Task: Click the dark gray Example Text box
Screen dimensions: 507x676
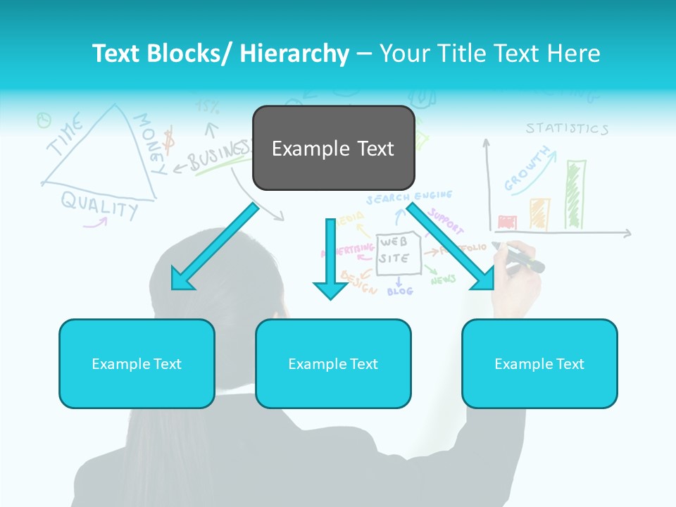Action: click(333, 148)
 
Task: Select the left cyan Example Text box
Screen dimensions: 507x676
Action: click(137, 363)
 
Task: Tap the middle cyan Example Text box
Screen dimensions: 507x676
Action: click(333, 363)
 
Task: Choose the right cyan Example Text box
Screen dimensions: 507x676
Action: click(539, 363)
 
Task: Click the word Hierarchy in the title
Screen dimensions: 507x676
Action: click(294, 54)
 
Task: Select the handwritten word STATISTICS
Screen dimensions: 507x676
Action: click(567, 129)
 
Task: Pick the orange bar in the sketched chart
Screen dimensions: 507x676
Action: click(540, 214)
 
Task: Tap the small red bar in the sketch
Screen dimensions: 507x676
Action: click(507, 223)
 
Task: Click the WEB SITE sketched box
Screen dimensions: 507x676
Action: click(398, 253)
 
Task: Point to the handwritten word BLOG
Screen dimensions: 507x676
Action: click(400, 290)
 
